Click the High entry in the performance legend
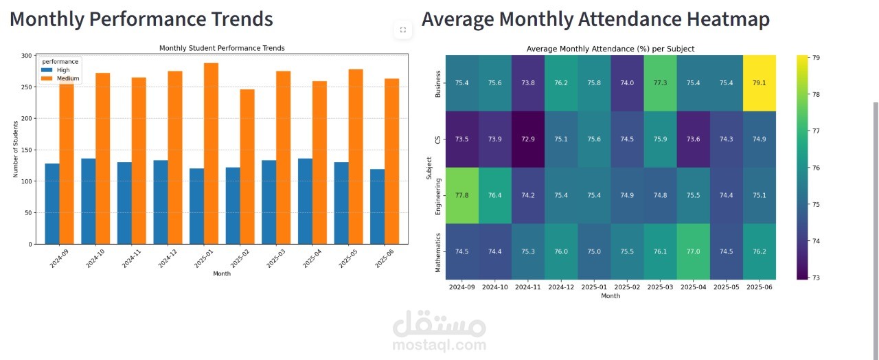point(62,70)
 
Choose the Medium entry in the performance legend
point(67,78)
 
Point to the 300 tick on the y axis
point(26,56)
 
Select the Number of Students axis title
point(15,148)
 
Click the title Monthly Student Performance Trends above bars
point(222,48)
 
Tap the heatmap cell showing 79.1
point(760,83)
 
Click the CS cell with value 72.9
point(528,139)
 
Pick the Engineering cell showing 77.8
point(462,195)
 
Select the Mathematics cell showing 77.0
point(694,251)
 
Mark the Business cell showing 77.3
point(660,83)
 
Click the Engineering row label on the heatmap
point(438,195)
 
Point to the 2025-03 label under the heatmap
point(660,286)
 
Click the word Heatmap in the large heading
point(728,19)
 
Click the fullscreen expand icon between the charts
point(402,30)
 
